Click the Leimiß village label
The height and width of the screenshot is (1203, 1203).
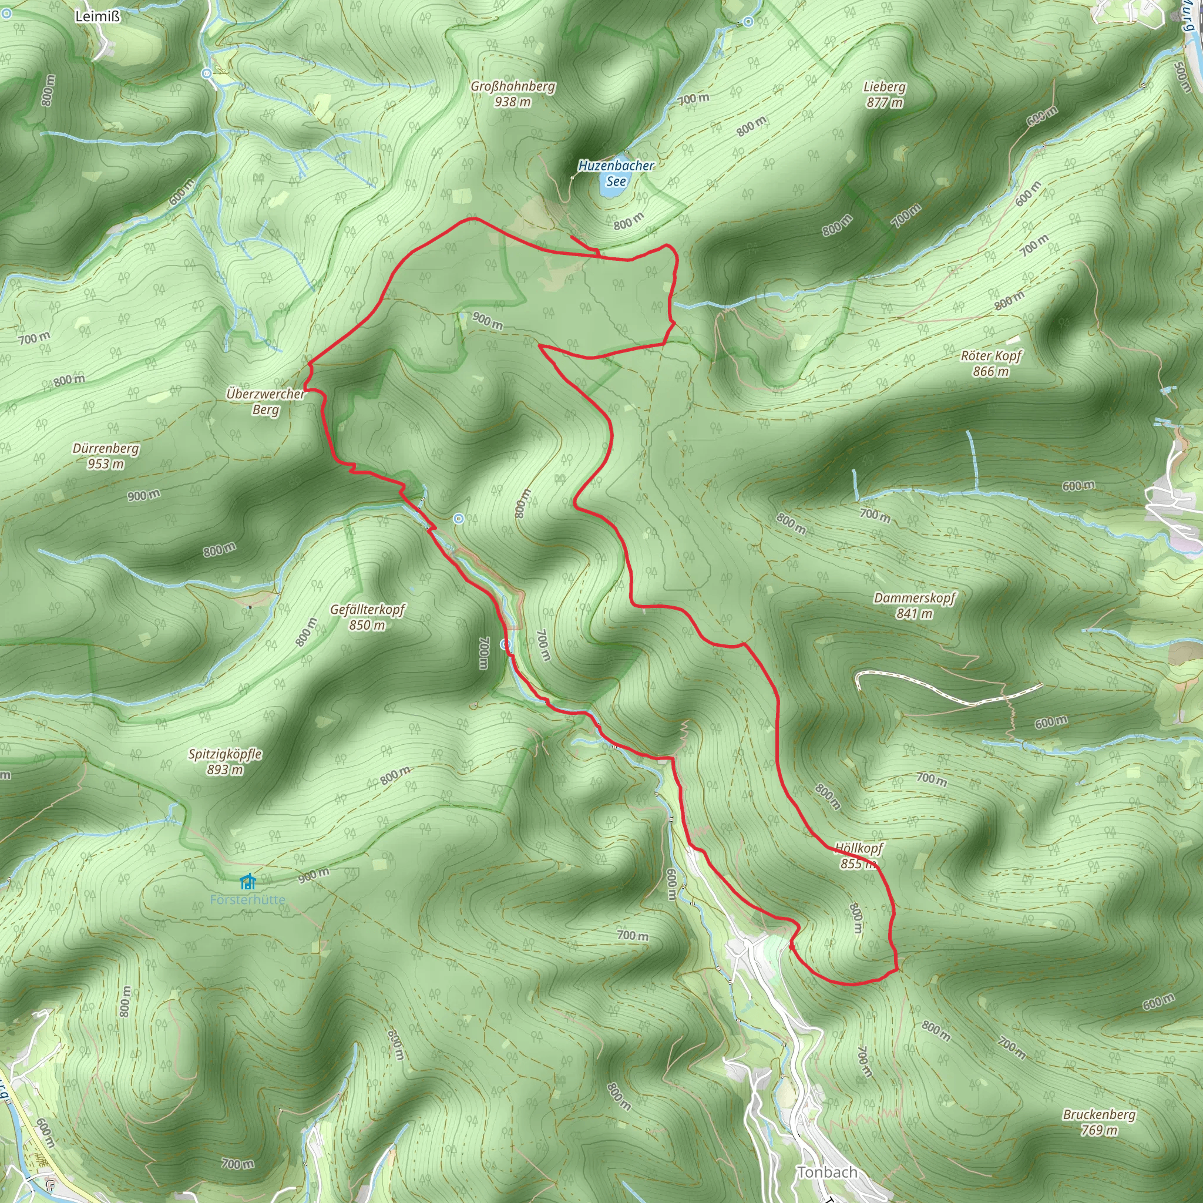(x=97, y=17)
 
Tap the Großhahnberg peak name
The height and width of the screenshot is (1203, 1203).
(x=512, y=86)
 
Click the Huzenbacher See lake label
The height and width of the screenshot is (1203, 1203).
(x=616, y=173)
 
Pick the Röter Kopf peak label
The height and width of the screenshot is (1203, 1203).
(x=992, y=356)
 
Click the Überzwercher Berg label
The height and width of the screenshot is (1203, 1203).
(x=266, y=402)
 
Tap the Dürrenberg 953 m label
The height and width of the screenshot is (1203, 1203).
(x=106, y=456)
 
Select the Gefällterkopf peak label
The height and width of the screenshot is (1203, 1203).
(x=367, y=610)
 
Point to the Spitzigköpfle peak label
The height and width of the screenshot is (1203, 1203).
(x=225, y=754)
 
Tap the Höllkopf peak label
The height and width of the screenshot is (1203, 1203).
(x=859, y=848)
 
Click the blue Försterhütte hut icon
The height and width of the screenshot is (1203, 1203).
(x=248, y=882)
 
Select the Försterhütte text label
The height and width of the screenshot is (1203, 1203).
(x=247, y=900)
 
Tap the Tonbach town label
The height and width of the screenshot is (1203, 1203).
(x=827, y=1172)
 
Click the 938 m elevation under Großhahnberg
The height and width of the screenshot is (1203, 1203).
(x=512, y=102)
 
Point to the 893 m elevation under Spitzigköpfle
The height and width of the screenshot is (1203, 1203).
(x=225, y=769)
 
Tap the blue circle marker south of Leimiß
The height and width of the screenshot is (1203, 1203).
(x=207, y=73)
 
